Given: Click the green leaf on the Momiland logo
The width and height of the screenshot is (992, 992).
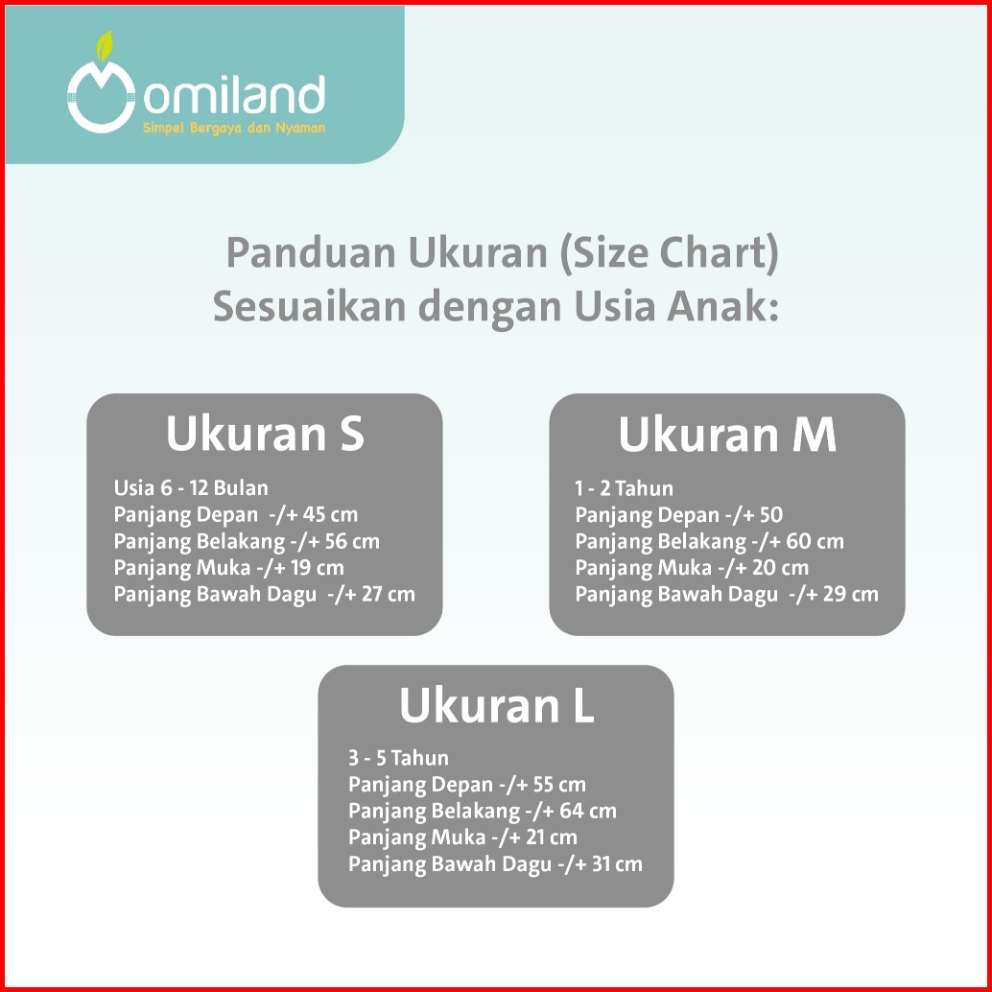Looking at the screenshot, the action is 104,47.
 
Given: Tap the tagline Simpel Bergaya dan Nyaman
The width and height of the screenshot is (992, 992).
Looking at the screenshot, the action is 234,128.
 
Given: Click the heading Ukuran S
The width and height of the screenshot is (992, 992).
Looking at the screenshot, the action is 265,434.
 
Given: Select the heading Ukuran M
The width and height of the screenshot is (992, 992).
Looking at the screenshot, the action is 727,435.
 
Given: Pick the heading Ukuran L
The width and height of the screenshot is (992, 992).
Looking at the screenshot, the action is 497,705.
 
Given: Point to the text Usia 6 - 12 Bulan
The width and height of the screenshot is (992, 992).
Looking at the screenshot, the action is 191,487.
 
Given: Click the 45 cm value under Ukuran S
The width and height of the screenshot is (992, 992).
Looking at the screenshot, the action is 330,514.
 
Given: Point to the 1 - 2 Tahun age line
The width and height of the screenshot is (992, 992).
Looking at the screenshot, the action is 624,488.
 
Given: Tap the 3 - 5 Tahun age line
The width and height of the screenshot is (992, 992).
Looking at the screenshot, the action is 398,758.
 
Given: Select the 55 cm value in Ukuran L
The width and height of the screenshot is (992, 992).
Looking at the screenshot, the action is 559,785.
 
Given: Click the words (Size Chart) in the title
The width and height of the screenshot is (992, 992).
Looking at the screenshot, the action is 669,253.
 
